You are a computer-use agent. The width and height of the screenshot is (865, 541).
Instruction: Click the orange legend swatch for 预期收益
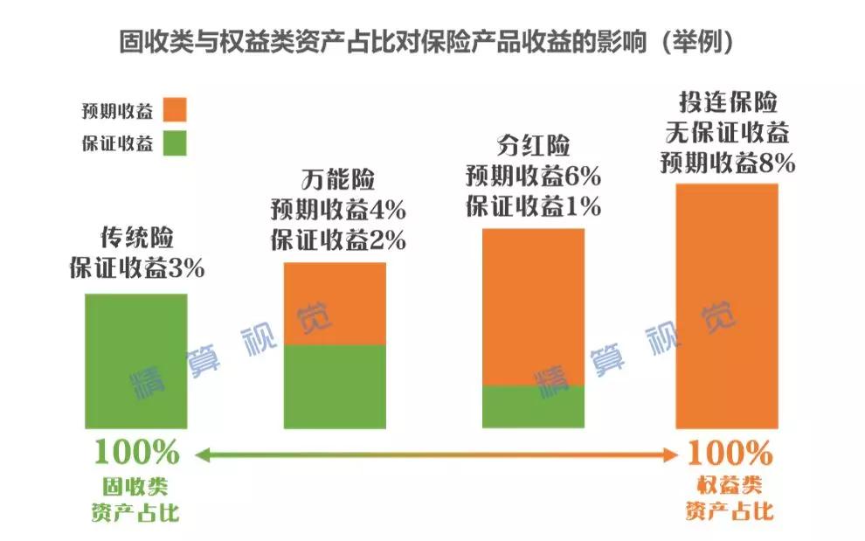point(174,110)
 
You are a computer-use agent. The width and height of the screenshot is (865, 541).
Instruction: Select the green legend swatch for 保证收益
point(174,142)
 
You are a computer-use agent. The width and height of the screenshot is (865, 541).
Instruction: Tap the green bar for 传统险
point(135,360)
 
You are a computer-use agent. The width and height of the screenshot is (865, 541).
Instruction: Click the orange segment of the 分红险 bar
point(533,306)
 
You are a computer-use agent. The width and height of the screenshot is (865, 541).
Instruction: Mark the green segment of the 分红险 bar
point(533,406)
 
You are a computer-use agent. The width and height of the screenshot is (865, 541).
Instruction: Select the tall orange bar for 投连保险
point(727,306)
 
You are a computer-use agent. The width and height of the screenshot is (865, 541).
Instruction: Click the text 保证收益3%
point(136,268)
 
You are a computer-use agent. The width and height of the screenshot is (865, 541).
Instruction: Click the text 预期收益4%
point(337,211)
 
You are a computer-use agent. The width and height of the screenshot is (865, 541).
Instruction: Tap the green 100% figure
point(136,453)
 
